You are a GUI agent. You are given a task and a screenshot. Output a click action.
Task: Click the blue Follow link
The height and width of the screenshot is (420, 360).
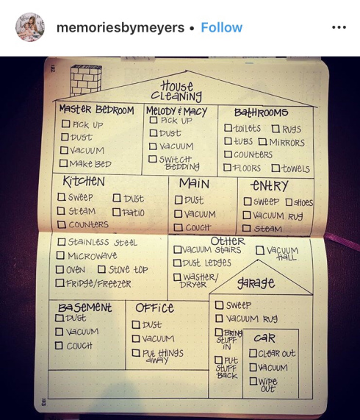(x=221, y=28)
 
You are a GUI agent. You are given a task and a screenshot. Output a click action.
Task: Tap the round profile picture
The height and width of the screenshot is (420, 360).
(x=30, y=27)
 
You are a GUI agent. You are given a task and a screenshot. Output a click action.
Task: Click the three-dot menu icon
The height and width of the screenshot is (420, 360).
(x=339, y=27)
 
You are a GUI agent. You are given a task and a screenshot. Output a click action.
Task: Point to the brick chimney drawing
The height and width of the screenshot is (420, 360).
(x=85, y=80)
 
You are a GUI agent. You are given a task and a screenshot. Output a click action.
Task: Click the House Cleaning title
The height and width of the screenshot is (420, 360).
(x=176, y=92)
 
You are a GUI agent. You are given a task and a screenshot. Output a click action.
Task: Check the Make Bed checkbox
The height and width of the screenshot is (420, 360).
(x=63, y=163)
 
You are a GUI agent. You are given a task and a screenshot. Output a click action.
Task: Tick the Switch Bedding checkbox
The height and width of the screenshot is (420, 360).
(x=153, y=159)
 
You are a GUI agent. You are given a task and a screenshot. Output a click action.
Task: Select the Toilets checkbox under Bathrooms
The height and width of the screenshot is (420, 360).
(x=228, y=128)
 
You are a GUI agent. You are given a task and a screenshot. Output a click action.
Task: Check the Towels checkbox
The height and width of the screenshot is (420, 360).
(x=276, y=168)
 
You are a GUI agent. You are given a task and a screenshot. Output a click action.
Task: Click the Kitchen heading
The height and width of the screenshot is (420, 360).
(x=84, y=181)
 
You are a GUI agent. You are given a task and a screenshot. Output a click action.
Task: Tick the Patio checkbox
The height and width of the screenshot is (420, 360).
(x=116, y=212)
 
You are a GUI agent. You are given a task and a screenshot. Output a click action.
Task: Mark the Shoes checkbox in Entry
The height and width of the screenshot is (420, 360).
(x=289, y=202)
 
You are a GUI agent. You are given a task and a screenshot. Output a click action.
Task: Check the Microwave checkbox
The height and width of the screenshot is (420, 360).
(x=60, y=255)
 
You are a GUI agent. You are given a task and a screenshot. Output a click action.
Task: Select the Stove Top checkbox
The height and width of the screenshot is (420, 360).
(x=101, y=269)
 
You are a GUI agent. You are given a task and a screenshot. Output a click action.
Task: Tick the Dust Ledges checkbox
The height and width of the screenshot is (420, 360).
(x=177, y=263)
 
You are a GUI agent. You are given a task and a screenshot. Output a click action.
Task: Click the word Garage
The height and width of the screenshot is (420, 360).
(x=256, y=283)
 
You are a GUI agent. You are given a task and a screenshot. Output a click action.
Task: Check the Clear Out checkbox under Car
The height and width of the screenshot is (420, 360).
(x=253, y=353)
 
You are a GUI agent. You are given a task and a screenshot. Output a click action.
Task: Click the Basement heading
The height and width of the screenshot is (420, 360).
(x=84, y=307)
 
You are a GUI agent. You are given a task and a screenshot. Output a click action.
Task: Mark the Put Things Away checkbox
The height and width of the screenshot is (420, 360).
(x=136, y=353)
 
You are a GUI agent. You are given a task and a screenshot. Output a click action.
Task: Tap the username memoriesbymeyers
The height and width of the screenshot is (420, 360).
(x=120, y=28)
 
